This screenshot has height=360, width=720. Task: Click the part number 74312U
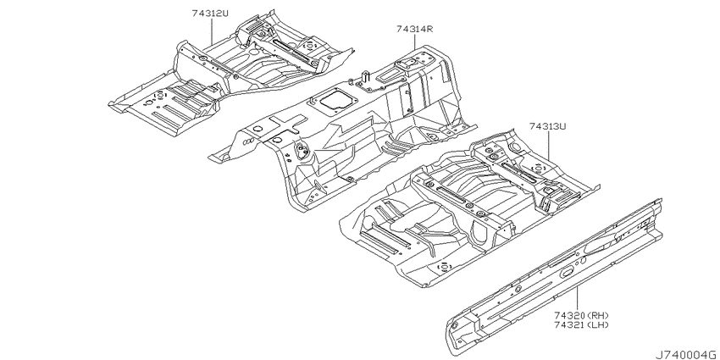tap(210, 14)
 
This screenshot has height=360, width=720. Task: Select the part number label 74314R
tap(415, 29)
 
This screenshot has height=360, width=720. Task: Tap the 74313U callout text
tap(547, 126)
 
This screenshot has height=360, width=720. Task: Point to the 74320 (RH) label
tap(581, 315)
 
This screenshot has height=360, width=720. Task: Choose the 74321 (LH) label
tap(581, 324)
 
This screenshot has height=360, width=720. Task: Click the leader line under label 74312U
tap(211, 31)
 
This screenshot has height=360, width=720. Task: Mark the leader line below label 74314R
tap(415, 42)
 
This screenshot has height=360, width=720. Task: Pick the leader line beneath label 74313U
tap(548, 146)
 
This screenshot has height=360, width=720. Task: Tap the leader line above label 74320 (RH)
tap(577, 298)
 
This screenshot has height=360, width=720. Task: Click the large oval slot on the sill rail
tap(567, 272)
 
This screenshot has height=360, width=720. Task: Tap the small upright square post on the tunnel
tap(366, 76)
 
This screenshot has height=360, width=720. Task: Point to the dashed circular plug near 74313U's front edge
tap(445, 266)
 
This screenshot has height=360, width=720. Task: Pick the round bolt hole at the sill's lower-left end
tap(454, 325)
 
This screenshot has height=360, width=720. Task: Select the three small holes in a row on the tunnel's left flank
tap(247, 141)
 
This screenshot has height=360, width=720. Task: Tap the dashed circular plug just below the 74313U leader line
tap(537, 169)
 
